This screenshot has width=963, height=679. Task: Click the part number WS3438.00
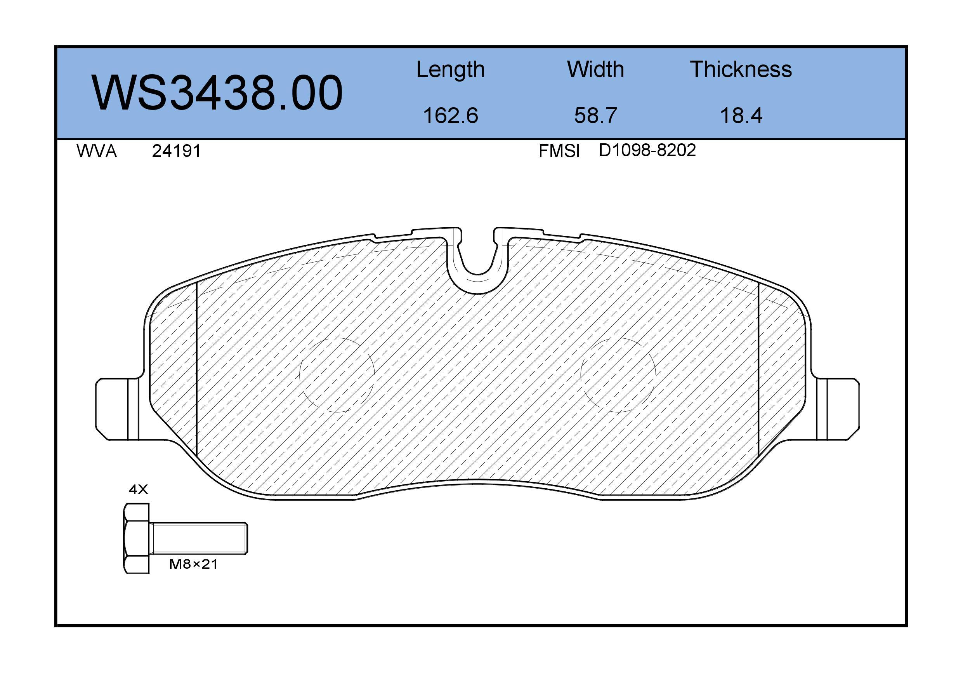(217, 92)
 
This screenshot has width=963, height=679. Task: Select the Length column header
(451, 70)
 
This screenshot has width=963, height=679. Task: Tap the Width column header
(595, 69)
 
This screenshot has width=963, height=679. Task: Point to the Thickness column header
(741, 69)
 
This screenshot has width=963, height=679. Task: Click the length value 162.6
(451, 115)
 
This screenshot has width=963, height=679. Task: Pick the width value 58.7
(595, 115)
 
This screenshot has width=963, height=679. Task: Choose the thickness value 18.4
(741, 115)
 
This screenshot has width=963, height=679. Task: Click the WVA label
(97, 151)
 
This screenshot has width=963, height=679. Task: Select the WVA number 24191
(177, 151)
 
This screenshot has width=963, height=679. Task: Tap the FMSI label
(559, 151)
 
